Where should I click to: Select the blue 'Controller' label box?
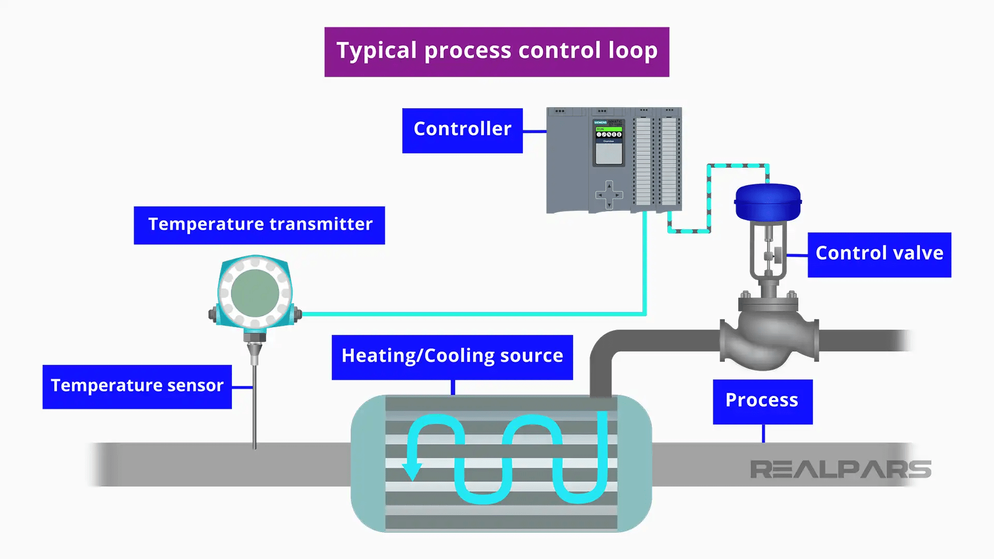point(462,130)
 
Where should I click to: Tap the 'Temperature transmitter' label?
point(259,225)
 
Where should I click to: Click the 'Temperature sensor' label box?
point(137,387)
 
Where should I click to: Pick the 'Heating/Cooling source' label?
point(452,357)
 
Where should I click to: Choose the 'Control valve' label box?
point(879,255)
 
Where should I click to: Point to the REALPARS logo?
point(840,469)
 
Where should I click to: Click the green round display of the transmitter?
point(255,293)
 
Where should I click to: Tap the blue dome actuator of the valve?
point(768,202)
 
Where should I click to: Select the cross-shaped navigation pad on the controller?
point(609,195)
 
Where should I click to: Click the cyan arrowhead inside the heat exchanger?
point(412,471)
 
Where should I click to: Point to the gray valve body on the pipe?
point(768,336)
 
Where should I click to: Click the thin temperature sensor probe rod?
point(254,409)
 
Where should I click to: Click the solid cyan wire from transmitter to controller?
point(466,314)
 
